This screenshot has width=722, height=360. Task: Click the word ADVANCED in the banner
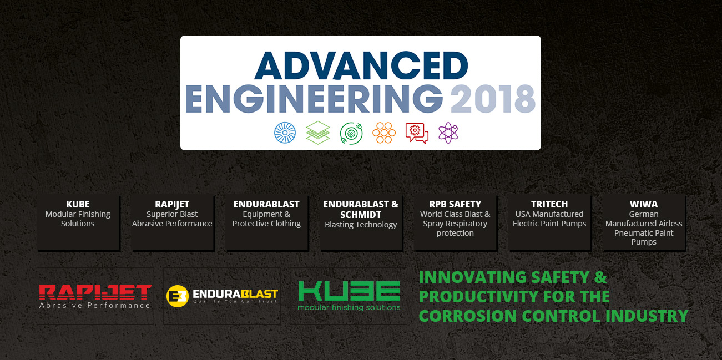click(361, 66)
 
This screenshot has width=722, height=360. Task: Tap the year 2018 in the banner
click(493, 99)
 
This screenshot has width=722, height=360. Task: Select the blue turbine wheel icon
click(285, 133)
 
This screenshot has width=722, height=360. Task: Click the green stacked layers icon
click(318, 133)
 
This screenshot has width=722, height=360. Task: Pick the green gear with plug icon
click(351, 133)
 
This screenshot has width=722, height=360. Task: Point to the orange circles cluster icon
click(384, 133)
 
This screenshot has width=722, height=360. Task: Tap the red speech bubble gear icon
click(417, 133)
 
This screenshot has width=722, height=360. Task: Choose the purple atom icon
click(448, 133)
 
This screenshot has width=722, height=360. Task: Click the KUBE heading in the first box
click(78, 204)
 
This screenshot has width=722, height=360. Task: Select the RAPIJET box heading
click(172, 204)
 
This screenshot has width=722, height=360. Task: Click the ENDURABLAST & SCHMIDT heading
click(361, 210)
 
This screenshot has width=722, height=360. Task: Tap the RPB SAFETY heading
click(455, 204)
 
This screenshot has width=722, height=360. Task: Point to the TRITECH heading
click(549, 204)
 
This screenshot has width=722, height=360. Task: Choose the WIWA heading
click(644, 204)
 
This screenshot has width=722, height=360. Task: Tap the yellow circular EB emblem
click(178, 296)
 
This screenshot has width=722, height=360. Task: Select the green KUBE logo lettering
click(349, 291)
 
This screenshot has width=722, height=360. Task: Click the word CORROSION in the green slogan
click(468, 316)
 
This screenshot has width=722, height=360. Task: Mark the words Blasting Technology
click(361, 225)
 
